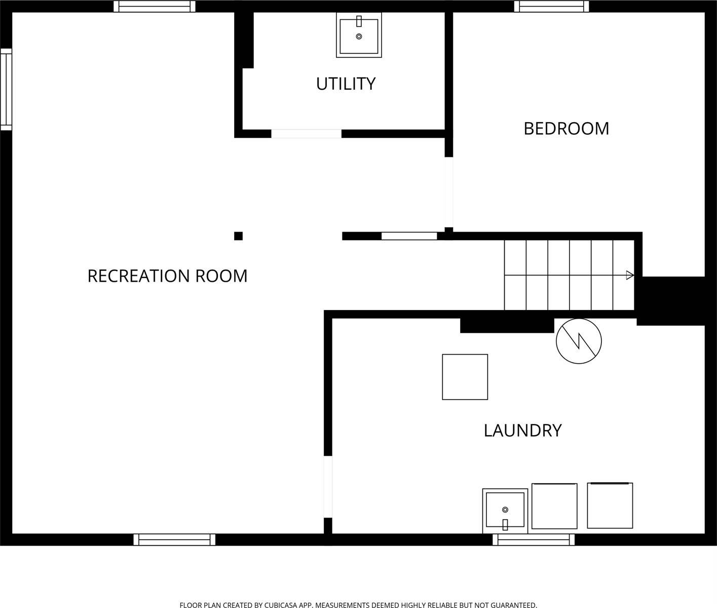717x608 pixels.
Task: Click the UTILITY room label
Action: pos(346,84)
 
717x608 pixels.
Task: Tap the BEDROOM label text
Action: pos(566,129)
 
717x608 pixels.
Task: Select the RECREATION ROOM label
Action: pos(167,276)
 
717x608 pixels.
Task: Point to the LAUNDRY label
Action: pos(523,431)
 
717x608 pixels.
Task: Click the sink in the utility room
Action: pos(359,35)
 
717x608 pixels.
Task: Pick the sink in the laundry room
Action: pos(505,511)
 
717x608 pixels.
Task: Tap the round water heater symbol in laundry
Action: pos(579,341)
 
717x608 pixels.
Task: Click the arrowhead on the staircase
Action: pos(630,276)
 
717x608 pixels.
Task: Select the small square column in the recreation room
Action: pos(238,236)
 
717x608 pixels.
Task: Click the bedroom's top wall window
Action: pos(551,6)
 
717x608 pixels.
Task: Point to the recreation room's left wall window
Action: pos(6,90)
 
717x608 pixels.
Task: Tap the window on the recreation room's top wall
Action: pos(155,6)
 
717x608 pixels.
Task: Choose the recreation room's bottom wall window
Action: pos(174,540)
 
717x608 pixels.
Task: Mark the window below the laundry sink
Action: pos(534,540)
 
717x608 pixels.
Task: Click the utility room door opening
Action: pos(306,134)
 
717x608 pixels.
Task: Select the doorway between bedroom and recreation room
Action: pos(449,192)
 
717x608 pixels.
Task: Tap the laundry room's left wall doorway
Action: pos(328,487)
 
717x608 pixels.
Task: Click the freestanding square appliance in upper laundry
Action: pos(465,377)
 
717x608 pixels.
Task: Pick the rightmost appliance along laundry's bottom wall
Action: pos(610,506)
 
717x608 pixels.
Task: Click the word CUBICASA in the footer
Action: pos(281,605)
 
